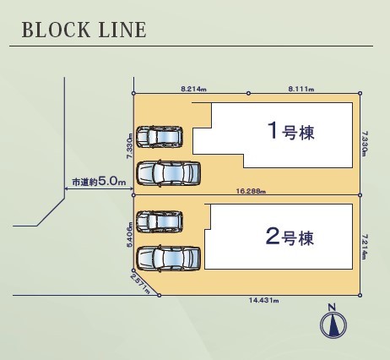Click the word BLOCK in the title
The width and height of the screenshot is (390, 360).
tap(56, 30)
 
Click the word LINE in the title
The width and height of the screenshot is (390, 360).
tap(122, 30)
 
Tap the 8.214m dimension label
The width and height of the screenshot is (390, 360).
tap(193, 89)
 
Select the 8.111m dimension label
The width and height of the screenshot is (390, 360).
tap(301, 89)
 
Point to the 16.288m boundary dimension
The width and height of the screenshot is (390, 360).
tap(251, 191)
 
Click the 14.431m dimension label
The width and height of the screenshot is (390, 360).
tap(264, 300)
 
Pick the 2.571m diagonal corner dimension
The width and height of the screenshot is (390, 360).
tap(140, 284)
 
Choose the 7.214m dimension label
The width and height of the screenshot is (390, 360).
tap(365, 247)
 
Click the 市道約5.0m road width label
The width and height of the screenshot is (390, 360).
tap(99, 182)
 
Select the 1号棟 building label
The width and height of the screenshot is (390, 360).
tap(291, 131)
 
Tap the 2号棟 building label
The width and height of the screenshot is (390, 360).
tap(290, 237)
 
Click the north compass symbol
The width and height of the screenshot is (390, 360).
tap(333, 325)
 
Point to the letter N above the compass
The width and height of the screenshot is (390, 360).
tap(333, 307)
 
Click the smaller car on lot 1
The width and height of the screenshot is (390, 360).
tap(160, 137)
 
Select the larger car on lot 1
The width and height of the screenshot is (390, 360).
tap(168, 173)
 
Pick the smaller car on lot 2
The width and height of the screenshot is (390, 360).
tap(160, 221)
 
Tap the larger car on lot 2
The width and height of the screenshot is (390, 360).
tap(168, 259)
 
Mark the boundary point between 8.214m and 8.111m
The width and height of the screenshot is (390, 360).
tap(248, 93)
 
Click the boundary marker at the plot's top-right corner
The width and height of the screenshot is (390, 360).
tap(360, 93)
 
